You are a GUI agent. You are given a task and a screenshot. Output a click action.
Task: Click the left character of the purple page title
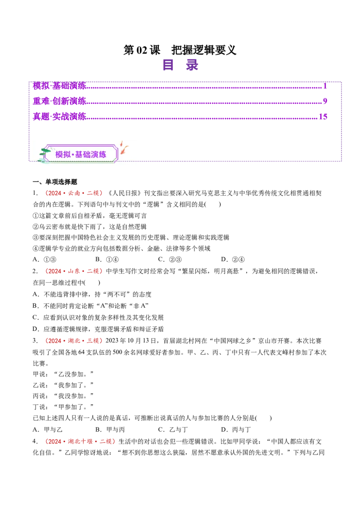(x=169, y=65)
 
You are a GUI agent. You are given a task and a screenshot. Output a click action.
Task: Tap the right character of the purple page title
(x=192, y=65)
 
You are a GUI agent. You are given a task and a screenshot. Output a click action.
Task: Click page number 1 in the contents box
(x=324, y=85)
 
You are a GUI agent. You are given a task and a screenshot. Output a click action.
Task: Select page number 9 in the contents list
(x=324, y=101)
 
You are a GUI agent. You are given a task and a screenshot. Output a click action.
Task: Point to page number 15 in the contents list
(x=323, y=116)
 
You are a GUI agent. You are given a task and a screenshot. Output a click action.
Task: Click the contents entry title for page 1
(x=59, y=85)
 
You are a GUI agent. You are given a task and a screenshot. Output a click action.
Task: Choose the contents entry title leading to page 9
(x=59, y=101)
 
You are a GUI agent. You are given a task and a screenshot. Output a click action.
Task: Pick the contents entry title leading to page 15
(x=59, y=116)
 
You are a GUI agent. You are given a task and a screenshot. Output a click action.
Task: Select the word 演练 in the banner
(x=99, y=154)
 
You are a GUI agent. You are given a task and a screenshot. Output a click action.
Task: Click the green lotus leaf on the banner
(x=45, y=151)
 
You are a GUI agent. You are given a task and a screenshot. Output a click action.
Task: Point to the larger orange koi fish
(x=124, y=150)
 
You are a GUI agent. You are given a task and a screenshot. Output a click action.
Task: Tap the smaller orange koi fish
(x=121, y=143)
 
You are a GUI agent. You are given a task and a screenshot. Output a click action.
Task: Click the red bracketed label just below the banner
(x=74, y=193)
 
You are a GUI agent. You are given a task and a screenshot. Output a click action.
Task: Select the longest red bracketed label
(x=80, y=442)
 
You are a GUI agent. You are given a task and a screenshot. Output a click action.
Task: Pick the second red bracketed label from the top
(x=75, y=271)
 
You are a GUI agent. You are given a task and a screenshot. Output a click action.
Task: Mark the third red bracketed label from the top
(x=74, y=341)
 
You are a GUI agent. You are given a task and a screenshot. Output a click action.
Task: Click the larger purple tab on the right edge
(x=351, y=104)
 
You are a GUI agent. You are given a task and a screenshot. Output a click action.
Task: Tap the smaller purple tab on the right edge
(x=351, y=146)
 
